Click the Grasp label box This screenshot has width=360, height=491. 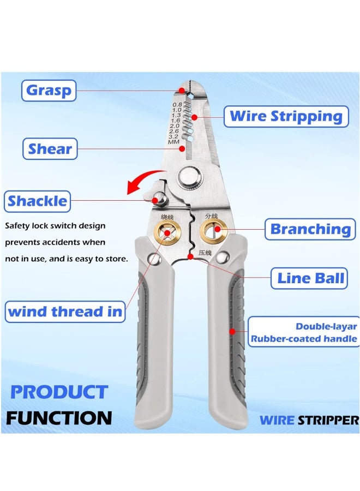[x=49, y=90]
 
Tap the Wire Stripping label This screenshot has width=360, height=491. [x=285, y=116]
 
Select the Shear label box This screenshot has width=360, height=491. [x=50, y=148]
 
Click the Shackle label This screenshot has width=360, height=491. [x=38, y=201]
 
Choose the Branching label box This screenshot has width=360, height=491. [x=310, y=229]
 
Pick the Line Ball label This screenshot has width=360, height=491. [x=310, y=278]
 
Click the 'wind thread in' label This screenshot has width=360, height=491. [x=64, y=312]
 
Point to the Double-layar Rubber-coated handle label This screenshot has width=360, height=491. [x=304, y=333]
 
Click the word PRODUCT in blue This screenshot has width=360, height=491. [x=59, y=392]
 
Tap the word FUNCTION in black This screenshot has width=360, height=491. [x=59, y=418]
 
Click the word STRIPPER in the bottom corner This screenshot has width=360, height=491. [x=328, y=420]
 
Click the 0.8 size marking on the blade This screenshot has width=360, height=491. [x=177, y=104]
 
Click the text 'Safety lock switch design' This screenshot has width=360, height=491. [x=55, y=225]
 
